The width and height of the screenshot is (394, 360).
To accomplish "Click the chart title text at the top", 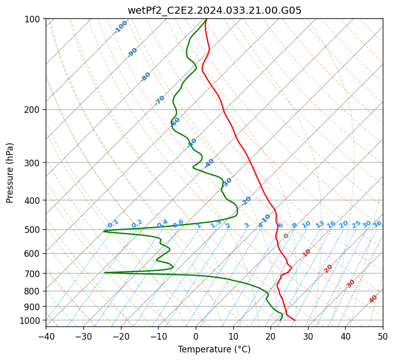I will pos(214,10).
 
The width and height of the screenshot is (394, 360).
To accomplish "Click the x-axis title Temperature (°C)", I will pos(214,349).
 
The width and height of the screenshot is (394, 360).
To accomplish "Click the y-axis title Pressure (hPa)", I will pos(10,173).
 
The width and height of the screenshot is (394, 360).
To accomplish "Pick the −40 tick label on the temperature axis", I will pos(46,336).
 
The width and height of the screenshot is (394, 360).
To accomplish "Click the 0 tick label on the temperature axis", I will pos(196,336).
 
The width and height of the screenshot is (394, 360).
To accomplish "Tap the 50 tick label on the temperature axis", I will pos(383,336).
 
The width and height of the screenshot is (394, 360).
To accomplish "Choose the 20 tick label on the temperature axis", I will pos(270,336).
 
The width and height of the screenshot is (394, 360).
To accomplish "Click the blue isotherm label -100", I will pos(121,26).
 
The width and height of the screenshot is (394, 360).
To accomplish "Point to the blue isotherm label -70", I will pos(160,100).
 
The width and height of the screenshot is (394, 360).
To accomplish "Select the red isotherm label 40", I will pos(373,299).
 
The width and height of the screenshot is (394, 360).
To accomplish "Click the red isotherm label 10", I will pos(307,253).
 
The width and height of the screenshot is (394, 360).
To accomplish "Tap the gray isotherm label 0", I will pos(286,236).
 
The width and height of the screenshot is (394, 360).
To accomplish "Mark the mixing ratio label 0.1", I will pos(113,223).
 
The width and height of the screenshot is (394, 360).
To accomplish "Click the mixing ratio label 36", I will pos(377,224).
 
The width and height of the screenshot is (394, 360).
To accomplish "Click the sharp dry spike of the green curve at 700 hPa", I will pos(105,273).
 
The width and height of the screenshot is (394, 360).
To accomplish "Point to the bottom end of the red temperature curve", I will pos(294,320).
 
